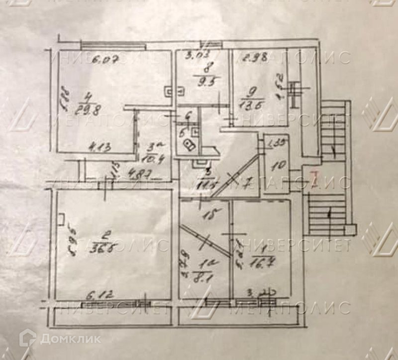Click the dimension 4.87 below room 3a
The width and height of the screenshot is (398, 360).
pyautogui.click(x=129, y=175)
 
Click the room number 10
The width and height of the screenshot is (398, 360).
pyautogui.click(x=280, y=164)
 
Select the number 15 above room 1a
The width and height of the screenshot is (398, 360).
pyautogui.click(x=211, y=215)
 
